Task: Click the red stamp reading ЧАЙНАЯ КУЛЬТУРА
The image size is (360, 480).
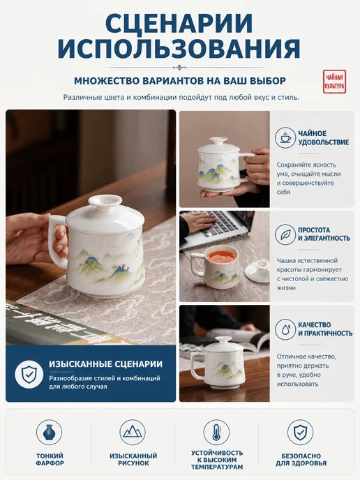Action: [x=335, y=82]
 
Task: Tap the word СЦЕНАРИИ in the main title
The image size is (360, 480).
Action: [x=179, y=24]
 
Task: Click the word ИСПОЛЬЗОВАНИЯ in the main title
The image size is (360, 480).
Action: [x=179, y=48]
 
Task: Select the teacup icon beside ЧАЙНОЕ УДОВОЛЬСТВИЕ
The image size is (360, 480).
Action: [x=285, y=137]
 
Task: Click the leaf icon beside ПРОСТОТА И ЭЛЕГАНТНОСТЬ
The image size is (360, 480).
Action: [x=285, y=234]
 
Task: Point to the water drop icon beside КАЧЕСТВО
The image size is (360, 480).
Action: [x=285, y=329]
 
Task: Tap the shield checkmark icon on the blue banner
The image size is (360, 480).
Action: [x=29, y=375]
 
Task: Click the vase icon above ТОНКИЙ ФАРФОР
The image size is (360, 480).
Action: [x=50, y=433]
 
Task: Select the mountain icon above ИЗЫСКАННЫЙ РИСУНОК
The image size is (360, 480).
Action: [x=133, y=433]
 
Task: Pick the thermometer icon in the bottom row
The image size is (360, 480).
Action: [x=216, y=433]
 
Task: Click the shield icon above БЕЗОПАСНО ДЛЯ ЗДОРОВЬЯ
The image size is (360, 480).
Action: [x=300, y=433]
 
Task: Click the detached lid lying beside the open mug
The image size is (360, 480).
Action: [x=257, y=271]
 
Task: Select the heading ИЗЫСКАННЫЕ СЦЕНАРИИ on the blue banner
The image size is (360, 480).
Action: [x=105, y=364]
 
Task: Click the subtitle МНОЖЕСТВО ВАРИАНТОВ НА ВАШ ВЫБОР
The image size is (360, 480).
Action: [x=180, y=81]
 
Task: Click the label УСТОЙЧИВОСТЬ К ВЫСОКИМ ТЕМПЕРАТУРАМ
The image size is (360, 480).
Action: [x=217, y=460]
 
